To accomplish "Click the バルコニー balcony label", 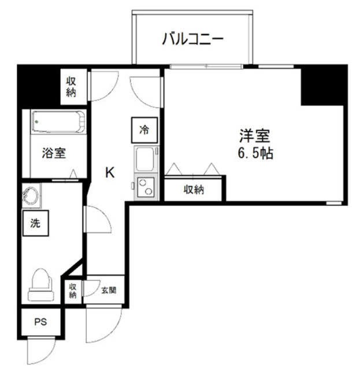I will coord(192,40).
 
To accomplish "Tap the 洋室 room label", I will coord(254,137).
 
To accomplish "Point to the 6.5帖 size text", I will coord(255,154).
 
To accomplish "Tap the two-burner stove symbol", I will coord(144,187).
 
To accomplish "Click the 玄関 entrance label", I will coord(108,289).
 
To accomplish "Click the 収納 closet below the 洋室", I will coord(194,189).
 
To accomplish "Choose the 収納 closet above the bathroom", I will coord(71,86).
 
